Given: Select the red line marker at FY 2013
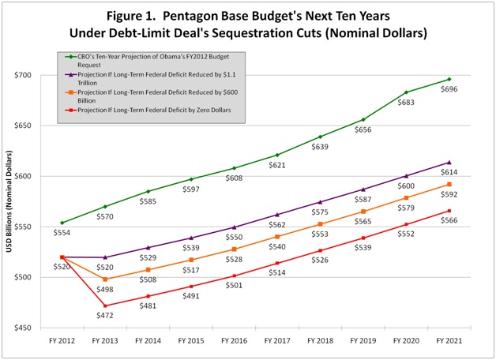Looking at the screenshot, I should coord(106,306).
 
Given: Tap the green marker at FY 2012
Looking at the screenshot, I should coord(62,223).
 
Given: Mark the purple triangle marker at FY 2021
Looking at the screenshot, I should coord(449,162).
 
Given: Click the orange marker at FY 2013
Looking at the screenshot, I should coord(106,279).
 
